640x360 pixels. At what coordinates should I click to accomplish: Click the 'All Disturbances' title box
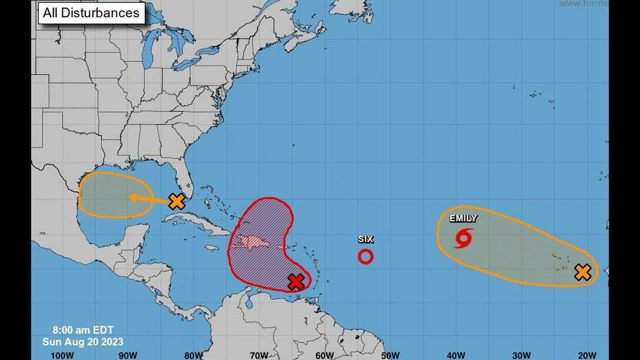point(92,13)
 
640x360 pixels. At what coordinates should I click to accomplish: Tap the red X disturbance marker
point(296,282)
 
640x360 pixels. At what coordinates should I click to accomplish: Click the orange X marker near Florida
point(177,201)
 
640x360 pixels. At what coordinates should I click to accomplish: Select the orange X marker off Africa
point(583,273)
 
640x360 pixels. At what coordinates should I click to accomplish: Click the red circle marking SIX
point(365,257)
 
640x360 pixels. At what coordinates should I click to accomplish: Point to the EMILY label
point(463,218)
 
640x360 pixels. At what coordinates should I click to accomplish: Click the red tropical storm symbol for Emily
point(463,238)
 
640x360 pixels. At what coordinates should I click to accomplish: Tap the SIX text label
point(365,239)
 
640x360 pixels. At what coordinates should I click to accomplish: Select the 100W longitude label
point(62,355)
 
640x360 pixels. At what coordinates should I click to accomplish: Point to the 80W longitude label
point(193,355)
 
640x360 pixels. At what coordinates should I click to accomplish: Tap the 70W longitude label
point(259,355)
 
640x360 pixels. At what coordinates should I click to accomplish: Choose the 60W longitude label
point(324,355)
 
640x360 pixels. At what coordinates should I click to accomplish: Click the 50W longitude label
point(390,355)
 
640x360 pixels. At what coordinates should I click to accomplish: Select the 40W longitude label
point(456,355)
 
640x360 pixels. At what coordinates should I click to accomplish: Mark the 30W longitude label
point(522,355)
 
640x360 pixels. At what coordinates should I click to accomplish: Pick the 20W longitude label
point(587,355)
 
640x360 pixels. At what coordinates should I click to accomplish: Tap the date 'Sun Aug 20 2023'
point(83,341)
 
